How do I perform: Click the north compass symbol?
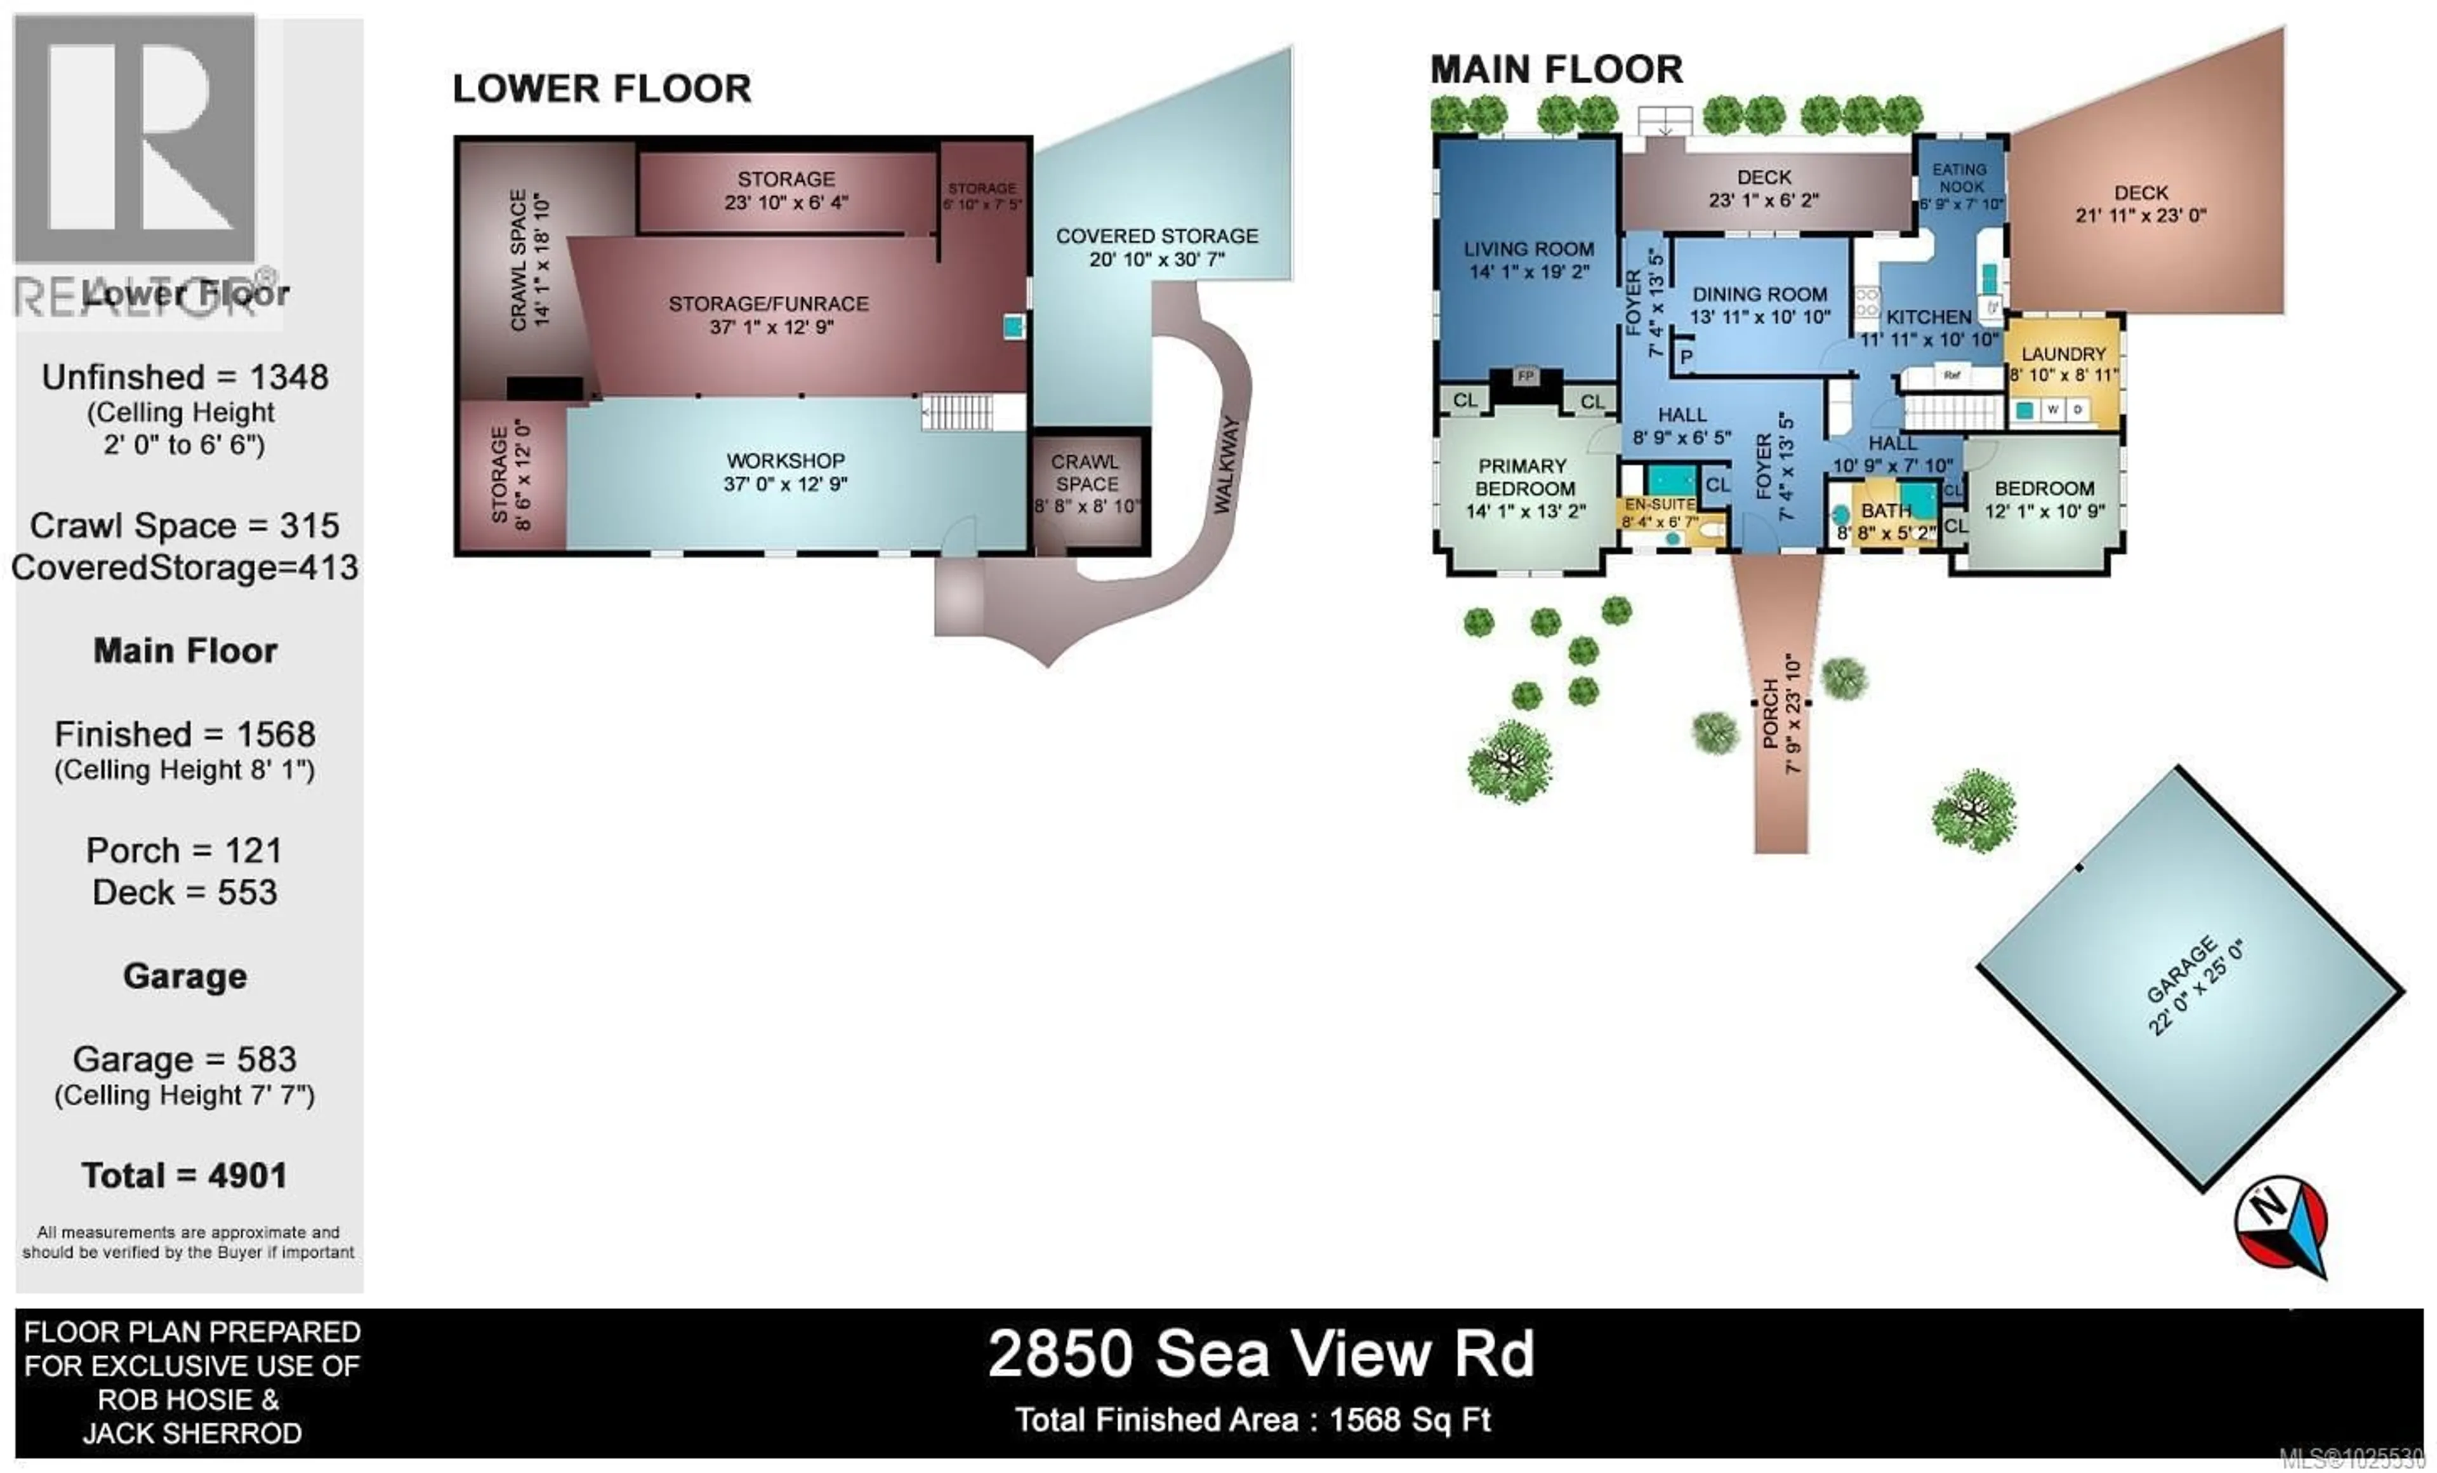(x=2282, y=1223)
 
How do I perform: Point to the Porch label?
(x=1780, y=712)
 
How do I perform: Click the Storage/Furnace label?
(x=769, y=314)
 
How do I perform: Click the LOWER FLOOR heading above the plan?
(x=602, y=89)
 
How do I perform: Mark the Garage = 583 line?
(x=185, y=1060)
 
